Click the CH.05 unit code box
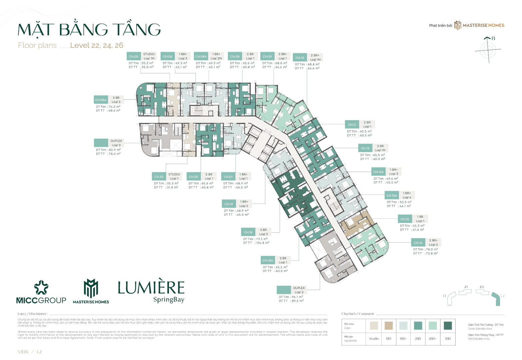point(134,56)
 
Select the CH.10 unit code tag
point(300,58)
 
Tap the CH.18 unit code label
point(248,232)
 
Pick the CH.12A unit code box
point(378,172)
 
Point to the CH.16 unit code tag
point(418,243)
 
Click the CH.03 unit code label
point(159,177)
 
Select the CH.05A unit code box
point(101,100)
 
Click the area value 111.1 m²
point(262,239)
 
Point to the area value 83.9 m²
point(114,150)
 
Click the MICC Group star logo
point(41,287)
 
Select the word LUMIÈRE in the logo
point(151,288)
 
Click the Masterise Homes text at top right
point(483,25)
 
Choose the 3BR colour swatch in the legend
point(448,326)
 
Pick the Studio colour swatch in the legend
point(374,326)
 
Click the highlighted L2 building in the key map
point(496,299)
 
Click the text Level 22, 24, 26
point(97,46)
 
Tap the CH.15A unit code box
point(392,196)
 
